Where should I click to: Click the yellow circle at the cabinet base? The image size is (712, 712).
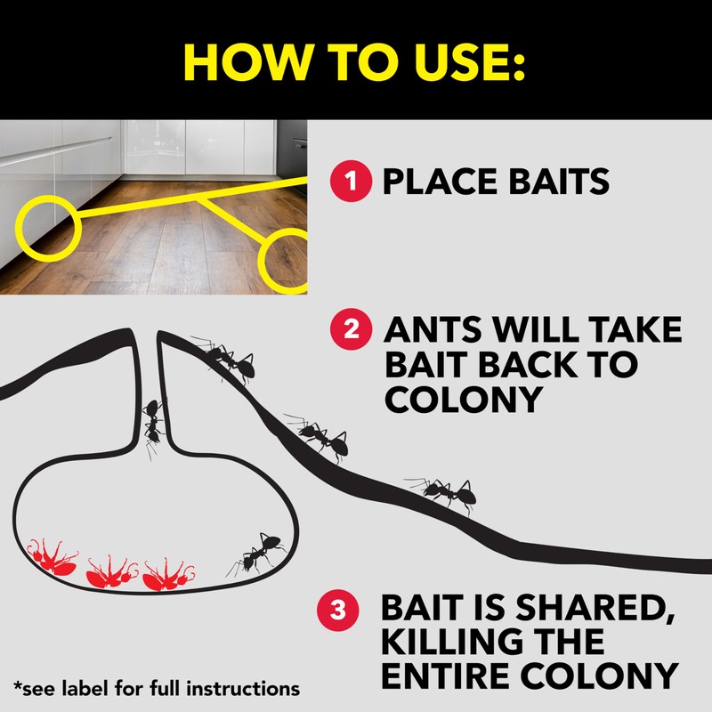point(50,223)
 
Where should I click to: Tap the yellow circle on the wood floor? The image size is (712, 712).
point(289,260)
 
